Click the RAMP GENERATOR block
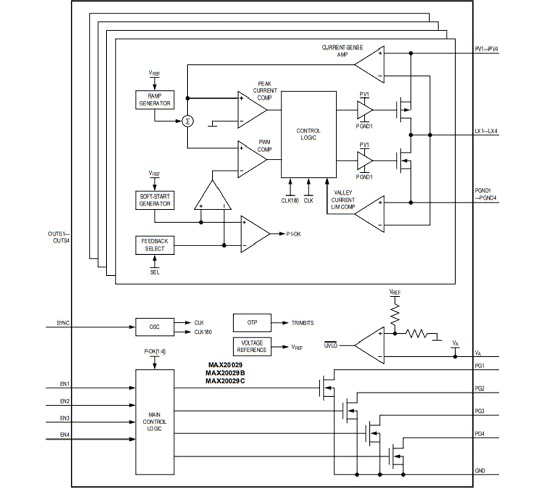click(154, 100)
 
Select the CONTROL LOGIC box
click(308, 134)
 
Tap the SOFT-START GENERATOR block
click(154, 200)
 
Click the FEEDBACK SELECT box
click(154, 245)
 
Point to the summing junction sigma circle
click(188, 121)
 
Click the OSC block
click(154, 327)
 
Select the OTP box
click(252, 322)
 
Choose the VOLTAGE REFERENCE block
click(252, 346)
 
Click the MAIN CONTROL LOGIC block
click(154, 421)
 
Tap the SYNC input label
click(63, 322)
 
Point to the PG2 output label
click(479, 388)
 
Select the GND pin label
click(480, 470)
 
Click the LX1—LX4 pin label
click(486, 131)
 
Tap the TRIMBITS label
click(302, 322)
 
